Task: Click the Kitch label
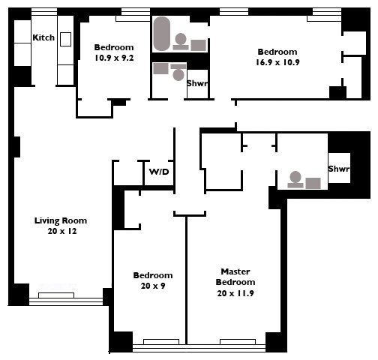[43, 37]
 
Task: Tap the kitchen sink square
[65, 39]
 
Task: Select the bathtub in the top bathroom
[162, 34]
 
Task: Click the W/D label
[159, 172]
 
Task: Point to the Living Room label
[61, 220]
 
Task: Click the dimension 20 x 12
[62, 231]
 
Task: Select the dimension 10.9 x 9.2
[114, 58]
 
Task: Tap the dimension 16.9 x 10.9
[277, 62]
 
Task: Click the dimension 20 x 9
[153, 286]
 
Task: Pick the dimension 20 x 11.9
[235, 293]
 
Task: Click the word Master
[235, 271]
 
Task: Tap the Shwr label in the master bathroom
[339, 169]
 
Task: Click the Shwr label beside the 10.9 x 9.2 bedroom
[197, 83]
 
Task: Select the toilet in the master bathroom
[295, 179]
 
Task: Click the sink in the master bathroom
[313, 183]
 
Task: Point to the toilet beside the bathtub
[181, 41]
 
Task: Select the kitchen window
[44, 11]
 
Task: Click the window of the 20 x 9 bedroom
[159, 346]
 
